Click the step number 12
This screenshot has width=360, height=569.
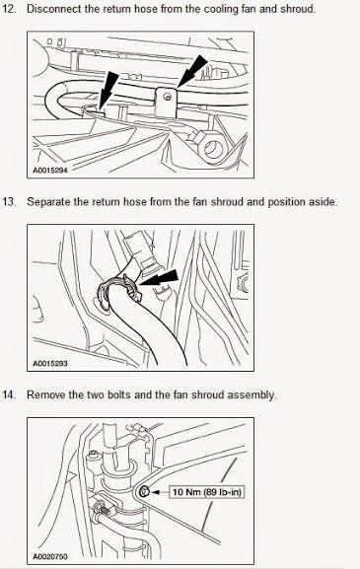[x=9, y=9]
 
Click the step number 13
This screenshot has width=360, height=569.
[x=9, y=202]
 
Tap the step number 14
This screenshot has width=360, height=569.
[x=9, y=394]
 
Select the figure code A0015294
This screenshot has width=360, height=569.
[x=50, y=171]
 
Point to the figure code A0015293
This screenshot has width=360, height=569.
[x=50, y=363]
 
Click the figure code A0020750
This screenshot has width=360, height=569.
[x=50, y=556]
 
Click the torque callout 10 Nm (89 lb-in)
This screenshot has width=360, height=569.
[x=207, y=492]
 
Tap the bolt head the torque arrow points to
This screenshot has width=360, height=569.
[x=144, y=492]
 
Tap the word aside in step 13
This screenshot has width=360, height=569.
[x=324, y=202]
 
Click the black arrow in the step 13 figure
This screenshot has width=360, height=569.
[x=159, y=278]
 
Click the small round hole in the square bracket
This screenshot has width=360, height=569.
[x=167, y=97]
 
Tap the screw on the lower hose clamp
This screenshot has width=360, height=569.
[x=103, y=507]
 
